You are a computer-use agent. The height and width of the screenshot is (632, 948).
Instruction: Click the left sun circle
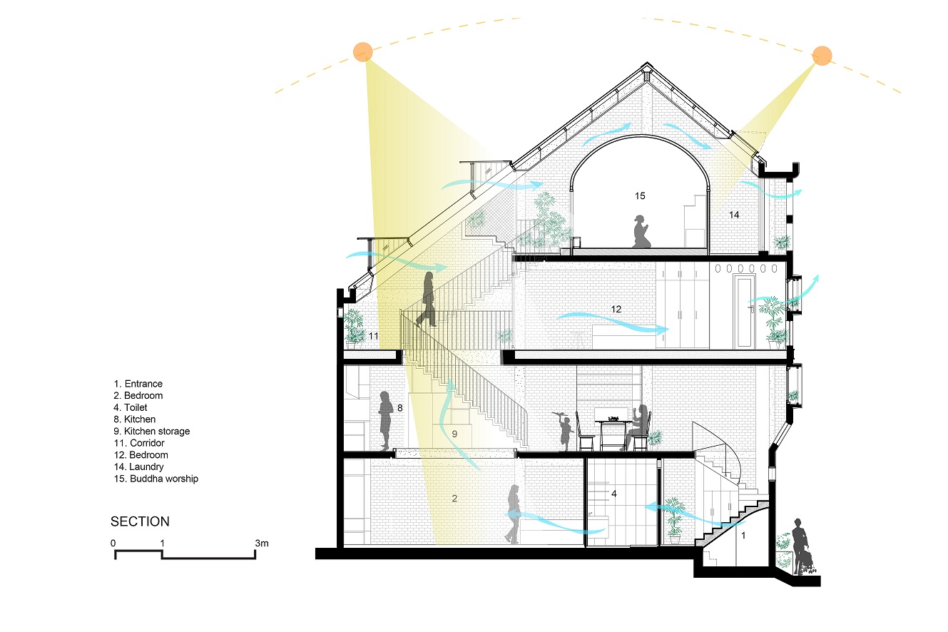click(x=362, y=52)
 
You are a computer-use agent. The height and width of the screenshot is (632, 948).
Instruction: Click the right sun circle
click(x=822, y=56)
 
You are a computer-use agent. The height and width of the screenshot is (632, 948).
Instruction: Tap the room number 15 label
click(x=640, y=196)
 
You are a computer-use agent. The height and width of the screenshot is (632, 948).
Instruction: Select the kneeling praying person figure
click(x=641, y=232)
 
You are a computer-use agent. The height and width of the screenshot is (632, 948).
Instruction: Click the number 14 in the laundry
click(x=734, y=215)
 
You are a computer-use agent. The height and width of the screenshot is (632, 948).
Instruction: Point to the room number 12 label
click(x=616, y=310)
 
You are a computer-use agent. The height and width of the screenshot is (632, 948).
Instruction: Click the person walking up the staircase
click(x=427, y=300)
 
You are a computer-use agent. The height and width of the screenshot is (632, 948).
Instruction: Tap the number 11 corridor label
click(x=373, y=336)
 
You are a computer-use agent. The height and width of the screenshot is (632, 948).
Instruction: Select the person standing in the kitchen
click(x=385, y=420)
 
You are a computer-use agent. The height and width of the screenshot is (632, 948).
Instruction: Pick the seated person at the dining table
click(x=638, y=427)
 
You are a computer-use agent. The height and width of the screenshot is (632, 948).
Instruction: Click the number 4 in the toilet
click(x=614, y=494)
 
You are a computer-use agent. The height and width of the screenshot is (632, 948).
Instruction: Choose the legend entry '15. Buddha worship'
click(x=156, y=479)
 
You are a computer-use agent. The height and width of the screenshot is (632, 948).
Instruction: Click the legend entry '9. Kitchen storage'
click(x=151, y=432)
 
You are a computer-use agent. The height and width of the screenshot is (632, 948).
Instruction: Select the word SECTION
click(x=140, y=521)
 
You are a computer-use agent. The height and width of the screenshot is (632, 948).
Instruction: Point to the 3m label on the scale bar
click(x=262, y=543)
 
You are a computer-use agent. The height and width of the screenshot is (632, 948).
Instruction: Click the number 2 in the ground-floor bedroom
click(x=454, y=499)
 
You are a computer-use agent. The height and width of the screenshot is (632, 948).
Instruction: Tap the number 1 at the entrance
click(x=743, y=536)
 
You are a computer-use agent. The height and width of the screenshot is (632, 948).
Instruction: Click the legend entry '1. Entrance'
click(x=138, y=384)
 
